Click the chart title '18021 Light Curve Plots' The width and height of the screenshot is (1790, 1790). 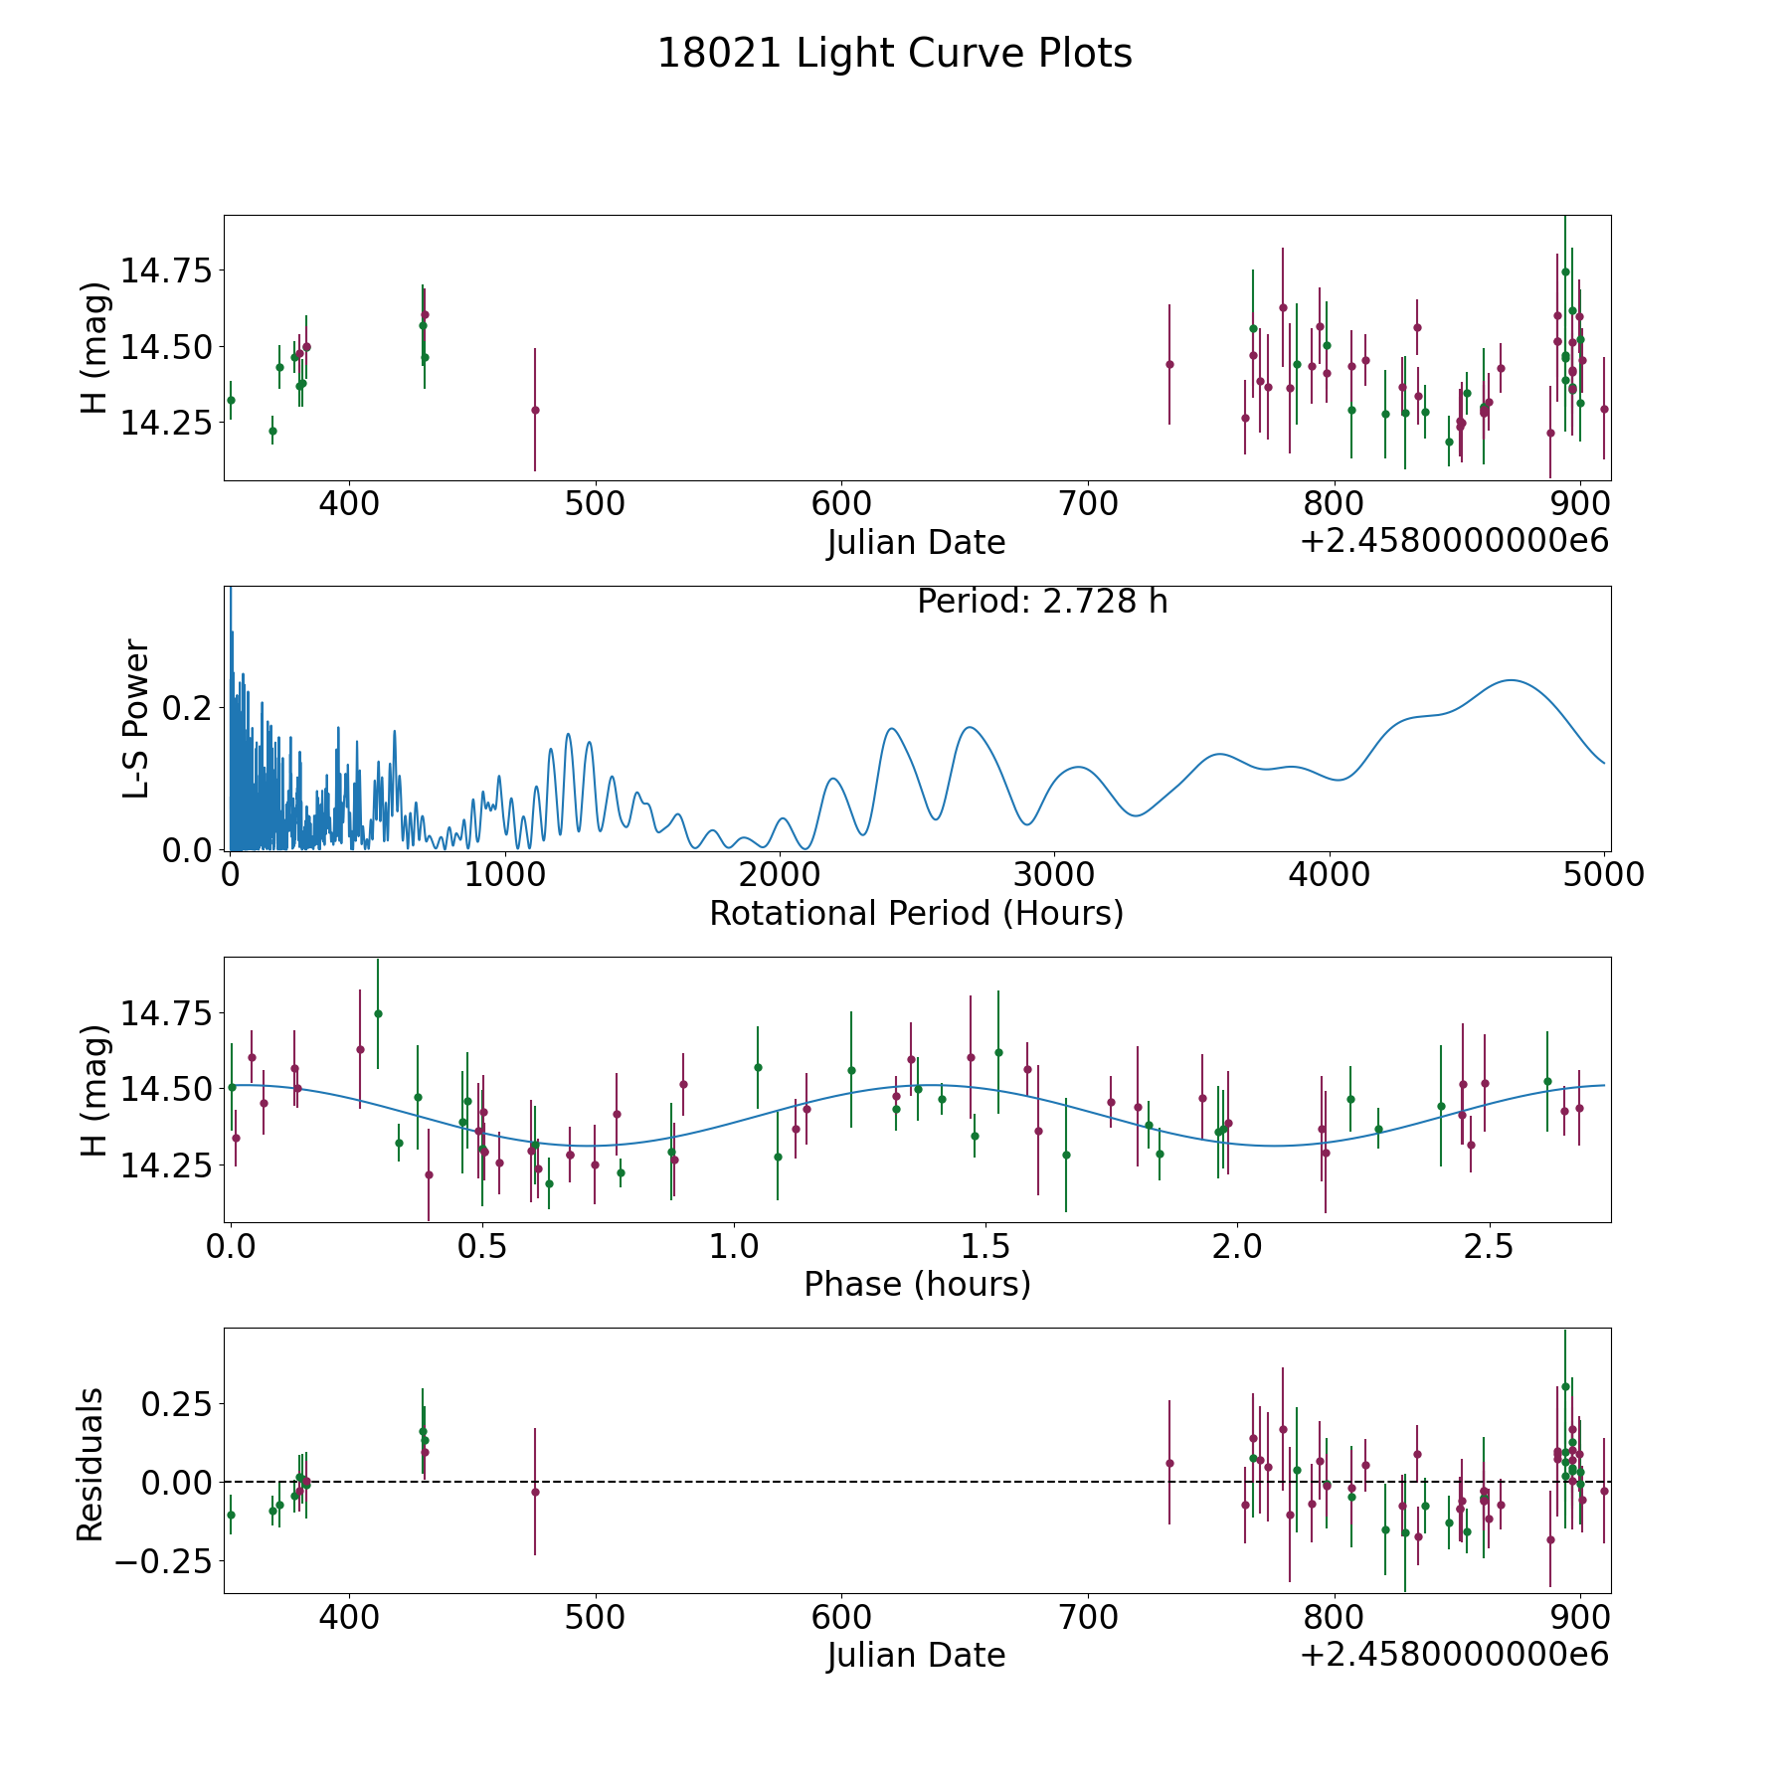tap(895, 54)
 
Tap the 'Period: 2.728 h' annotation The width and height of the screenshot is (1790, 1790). tap(1042, 602)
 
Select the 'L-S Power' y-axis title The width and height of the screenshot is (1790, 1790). tap(137, 719)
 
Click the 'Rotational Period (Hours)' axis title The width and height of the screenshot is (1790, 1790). tap(917, 913)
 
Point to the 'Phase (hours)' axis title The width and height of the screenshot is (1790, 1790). tap(917, 1284)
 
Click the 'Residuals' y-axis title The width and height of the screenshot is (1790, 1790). tap(90, 1465)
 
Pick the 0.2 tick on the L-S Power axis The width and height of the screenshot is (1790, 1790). tap(191, 708)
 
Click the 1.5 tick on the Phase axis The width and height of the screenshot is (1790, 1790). tap(984, 1246)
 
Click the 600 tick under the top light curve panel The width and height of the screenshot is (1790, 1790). tap(840, 504)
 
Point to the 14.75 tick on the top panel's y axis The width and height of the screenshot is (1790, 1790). tap(167, 270)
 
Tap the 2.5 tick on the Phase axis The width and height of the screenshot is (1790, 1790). tap(1488, 1246)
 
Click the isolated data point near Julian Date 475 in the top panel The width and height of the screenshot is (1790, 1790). tap(535, 410)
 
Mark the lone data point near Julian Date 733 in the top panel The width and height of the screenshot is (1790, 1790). tap(1169, 364)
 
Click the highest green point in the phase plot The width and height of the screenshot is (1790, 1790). tap(378, 1013)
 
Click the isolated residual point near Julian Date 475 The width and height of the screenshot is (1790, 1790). tap(535, 1492)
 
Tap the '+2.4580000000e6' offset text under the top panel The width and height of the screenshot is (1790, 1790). tap(1454, 541)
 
